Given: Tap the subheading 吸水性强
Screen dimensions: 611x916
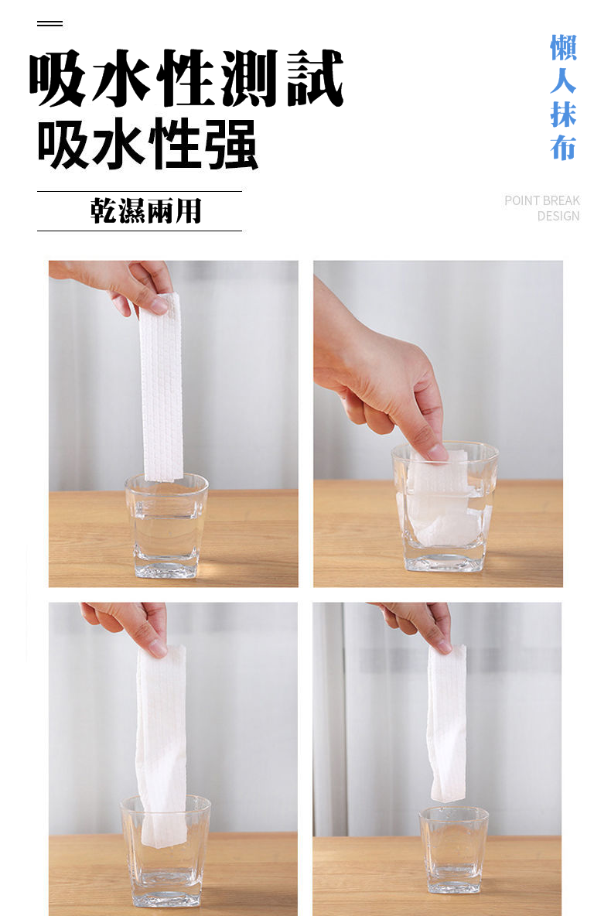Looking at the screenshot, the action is pyautogui.click(x=147, y=144).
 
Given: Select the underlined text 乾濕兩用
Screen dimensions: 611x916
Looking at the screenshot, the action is pyautogui.click(x=145, y=211).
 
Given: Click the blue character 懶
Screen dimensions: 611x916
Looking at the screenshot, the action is pyautogui.click(x=563, y=48).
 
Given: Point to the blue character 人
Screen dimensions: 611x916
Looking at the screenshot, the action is pyautogui.click(x=563, y=80).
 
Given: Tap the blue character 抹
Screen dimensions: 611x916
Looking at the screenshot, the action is pyautogui.click(x=563, y=114).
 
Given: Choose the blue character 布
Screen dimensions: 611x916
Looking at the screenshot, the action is pyautogui.click(x=563, y=147).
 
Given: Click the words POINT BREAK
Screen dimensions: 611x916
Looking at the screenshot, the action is pyautogui.click(x=542, y=200).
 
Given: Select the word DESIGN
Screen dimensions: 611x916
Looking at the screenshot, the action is pyautogui.click(x=558, y=216).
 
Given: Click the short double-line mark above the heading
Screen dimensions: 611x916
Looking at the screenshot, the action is pyautogui.click(x=49, y=23).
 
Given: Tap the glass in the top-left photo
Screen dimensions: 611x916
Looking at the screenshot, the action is pyautogui.click(x=166, y=526).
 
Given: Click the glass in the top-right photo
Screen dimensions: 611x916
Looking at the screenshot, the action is pyautogui.click(x=445, y=506).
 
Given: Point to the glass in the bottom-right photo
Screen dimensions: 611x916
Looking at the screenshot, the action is pyautogui.click(x=454, y=849).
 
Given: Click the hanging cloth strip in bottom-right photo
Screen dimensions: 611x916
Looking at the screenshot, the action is pyautogui.click(x=447, y=723).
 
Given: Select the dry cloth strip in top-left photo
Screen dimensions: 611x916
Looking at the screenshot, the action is pyautogui.click(x=161, y=388).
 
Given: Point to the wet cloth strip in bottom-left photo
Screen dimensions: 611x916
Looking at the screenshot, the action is pyautogui.click(x=161, y=746).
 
